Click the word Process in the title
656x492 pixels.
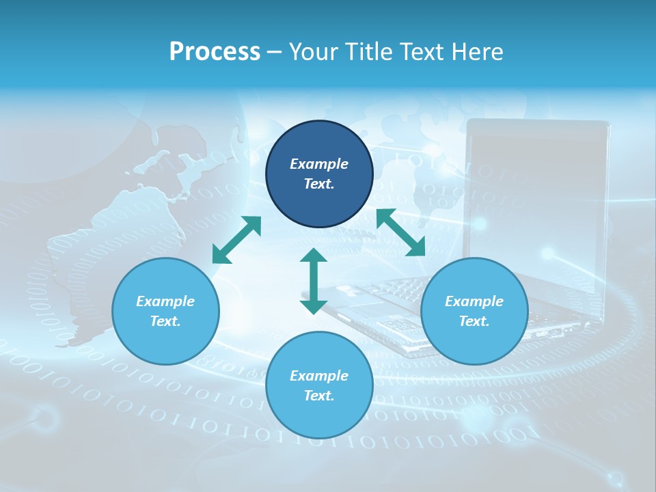coord(215,52)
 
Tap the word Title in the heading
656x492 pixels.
coord(368,52)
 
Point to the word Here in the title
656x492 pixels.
coord(478,52)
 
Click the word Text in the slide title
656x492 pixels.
coord(422,52)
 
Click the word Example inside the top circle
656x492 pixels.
coord(319,164)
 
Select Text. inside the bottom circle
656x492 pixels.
coord(319,396)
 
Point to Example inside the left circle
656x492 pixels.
coord(165,301)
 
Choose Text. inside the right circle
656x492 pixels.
coord(474,321)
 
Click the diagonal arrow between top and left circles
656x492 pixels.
coord(237,240)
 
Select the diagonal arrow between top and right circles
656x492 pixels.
coord(401,232)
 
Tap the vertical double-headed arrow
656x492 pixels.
coord(314,281)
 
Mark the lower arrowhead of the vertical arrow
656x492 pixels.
coord(314,306)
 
